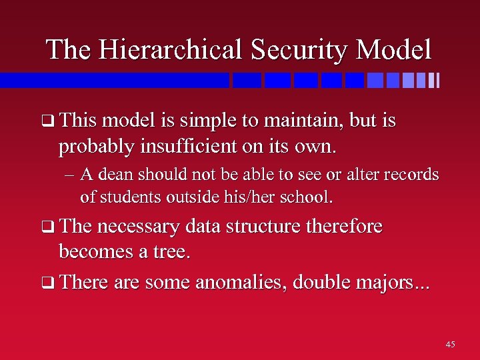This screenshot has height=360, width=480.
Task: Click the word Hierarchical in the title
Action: point(169,50)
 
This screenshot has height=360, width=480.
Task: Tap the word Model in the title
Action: point(394,50)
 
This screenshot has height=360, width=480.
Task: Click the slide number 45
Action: point(450,345)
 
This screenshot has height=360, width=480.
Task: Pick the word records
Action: point(411,175)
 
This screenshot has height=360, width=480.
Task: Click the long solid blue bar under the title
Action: point(113,81)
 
